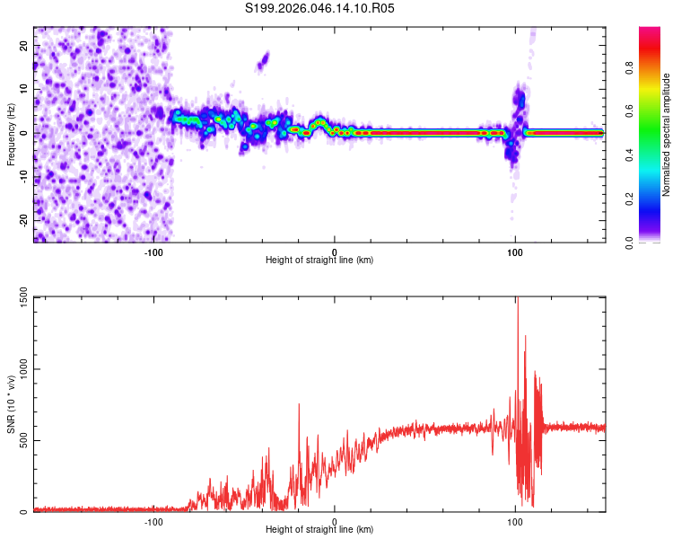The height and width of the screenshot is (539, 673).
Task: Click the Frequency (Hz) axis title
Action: click(11, 133)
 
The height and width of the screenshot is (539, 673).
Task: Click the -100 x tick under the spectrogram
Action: click(153, 251)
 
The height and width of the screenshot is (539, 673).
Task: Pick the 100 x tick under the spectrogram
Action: click(515, 251)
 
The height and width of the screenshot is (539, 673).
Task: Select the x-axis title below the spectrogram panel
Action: click(319, 261)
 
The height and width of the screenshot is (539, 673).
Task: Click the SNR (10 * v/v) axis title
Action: click(11, 404)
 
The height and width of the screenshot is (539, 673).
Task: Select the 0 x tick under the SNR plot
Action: click(335, 520)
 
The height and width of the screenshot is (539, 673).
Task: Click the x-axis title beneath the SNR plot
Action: click(319, 530)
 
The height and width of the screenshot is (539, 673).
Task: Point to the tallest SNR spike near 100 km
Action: click(517, 301)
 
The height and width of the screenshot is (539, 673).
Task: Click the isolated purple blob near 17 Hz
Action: click(263, 61)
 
